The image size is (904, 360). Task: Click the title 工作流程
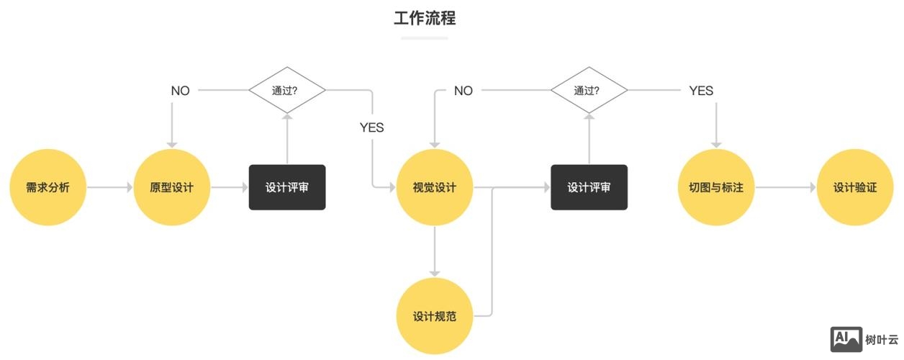pos(425,18)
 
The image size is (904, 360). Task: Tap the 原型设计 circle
pos(171,187)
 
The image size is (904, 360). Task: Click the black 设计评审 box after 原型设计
pos(287,187)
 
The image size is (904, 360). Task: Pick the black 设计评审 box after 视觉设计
pos(589,187)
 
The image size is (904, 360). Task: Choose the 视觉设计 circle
pos(435,187)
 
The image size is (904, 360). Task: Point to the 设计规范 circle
pos(435,315)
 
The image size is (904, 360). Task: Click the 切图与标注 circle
pos(716,187)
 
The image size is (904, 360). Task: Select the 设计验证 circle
pos(855,187)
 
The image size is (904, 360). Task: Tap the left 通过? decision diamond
pos(287,91)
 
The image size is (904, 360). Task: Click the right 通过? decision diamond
pos(589,91)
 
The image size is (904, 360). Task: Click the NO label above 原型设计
pos(180,91)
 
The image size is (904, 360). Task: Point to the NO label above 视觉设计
pos(464,91)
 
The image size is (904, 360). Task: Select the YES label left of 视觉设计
pos(371,128)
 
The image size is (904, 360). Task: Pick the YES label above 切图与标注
pos(701,91)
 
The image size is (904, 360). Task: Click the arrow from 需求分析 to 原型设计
pos(110,187)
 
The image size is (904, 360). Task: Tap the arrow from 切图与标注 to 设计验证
pos(785,187)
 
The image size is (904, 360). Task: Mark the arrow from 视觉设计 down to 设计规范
pos(435,251)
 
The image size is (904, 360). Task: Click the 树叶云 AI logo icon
pos(846,339)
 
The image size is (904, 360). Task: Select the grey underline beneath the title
pos(425,38)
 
